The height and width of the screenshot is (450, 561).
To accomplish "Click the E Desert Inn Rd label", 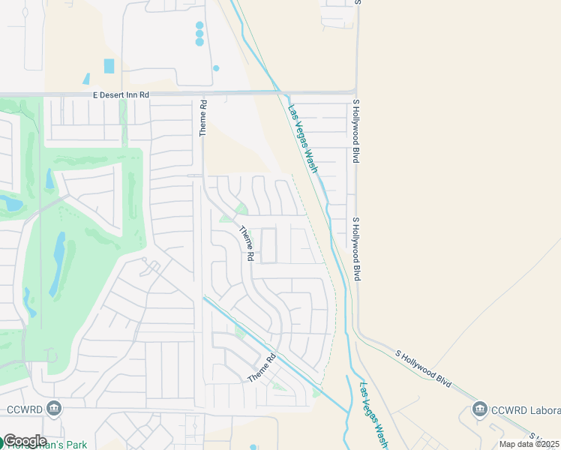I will coord(121,95).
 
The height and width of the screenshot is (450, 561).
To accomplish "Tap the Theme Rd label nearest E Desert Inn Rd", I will coord(202,119).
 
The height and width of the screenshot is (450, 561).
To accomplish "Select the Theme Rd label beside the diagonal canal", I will coord(262,367).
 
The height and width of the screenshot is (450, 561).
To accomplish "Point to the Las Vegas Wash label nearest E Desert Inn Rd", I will coord(303,139).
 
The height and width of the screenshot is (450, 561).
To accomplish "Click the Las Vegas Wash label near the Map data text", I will coord(373,415).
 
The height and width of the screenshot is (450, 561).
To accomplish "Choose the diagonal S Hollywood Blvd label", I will coord(424,367).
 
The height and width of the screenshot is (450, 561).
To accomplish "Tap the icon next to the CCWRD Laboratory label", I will coord(480,409).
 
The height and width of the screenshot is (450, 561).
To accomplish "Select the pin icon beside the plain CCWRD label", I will coord(53,409).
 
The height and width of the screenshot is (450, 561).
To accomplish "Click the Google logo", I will coord(25,440).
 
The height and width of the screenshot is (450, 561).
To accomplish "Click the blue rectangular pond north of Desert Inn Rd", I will coord(109,66).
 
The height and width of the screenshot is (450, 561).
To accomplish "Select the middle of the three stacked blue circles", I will coord(199,34).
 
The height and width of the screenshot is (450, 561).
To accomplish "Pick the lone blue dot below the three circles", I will coord(216,68).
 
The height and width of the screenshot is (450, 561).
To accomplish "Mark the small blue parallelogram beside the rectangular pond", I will coord(86,79).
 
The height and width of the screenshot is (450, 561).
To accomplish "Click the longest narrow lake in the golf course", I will coord(57,264).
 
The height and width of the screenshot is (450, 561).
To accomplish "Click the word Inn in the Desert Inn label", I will coord(129,95).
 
